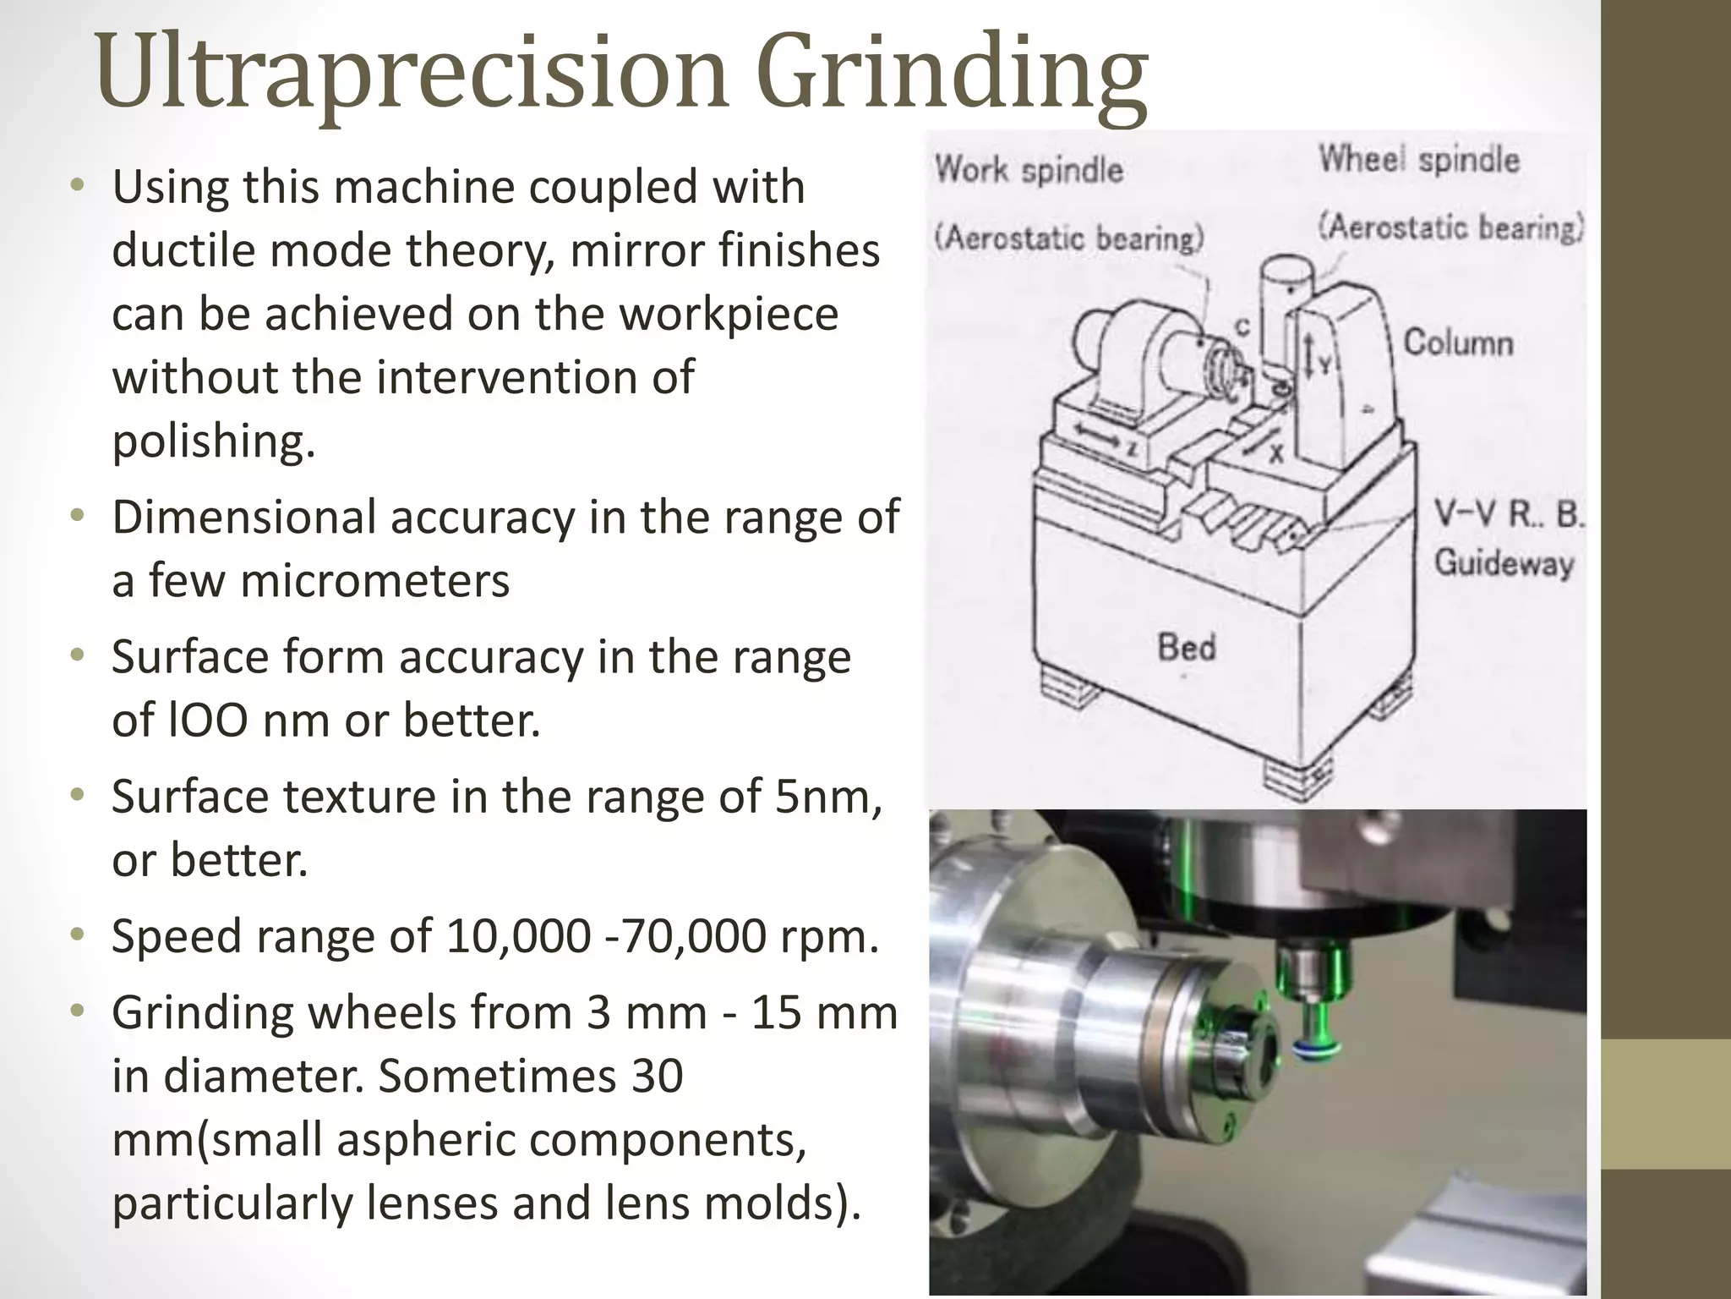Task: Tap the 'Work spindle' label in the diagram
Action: click(x=1029, y=170)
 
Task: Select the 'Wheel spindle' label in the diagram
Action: click(x=1419, y=159)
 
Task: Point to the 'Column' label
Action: click(x=1458, y=343)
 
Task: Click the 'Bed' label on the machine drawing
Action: click(x=1187, y=648)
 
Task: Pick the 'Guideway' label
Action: click(x=1504, y=563)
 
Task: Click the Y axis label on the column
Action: click(x=1325, y=365)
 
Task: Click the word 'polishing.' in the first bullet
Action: click(x=214, y=441)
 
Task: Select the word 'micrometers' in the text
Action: click(x=374, y=581)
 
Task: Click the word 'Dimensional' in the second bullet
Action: click(x=244, y=518)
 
